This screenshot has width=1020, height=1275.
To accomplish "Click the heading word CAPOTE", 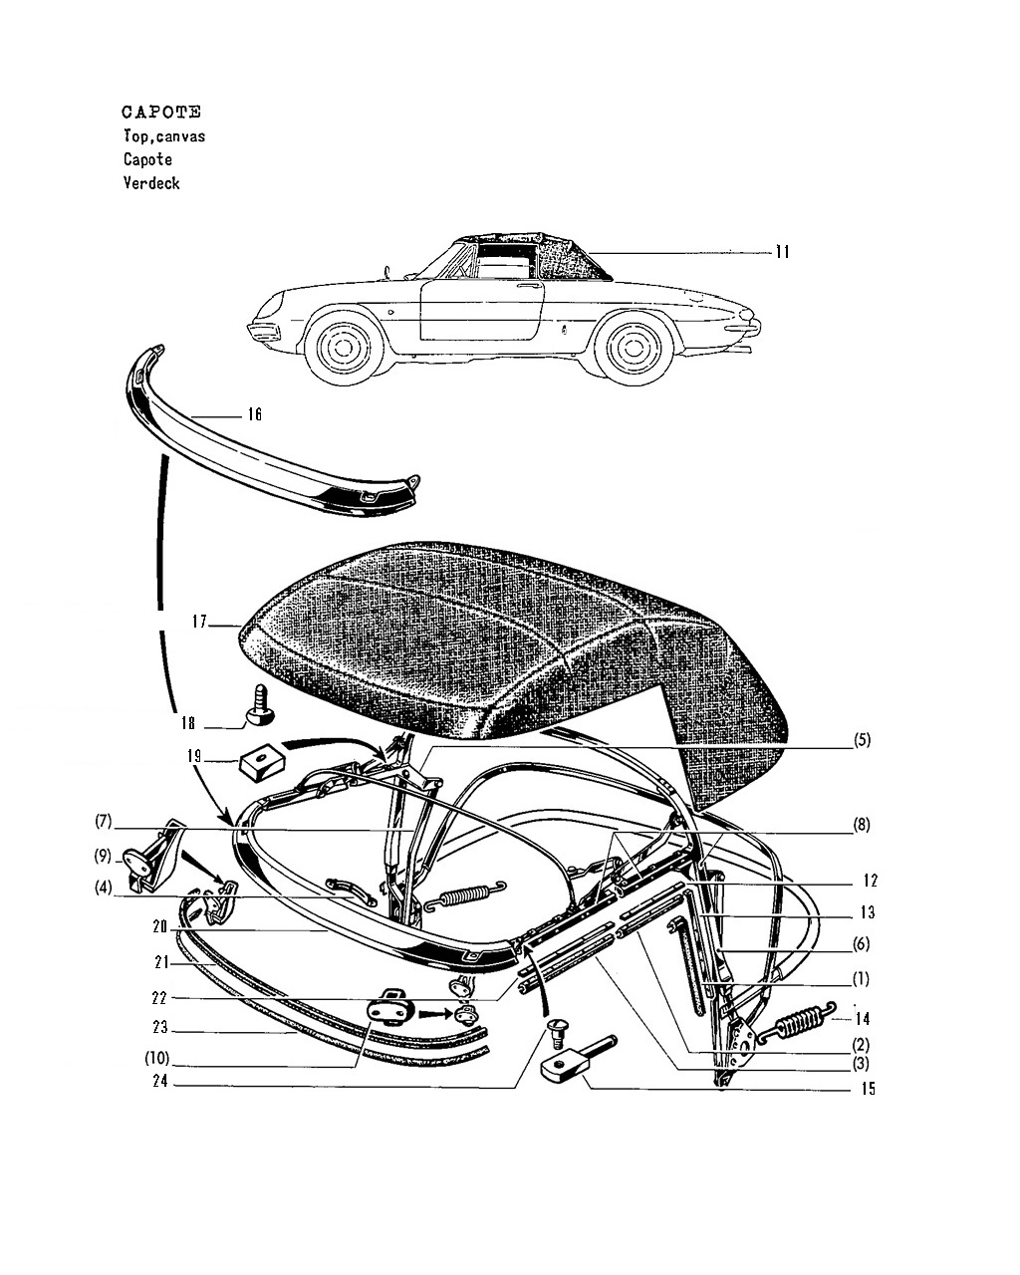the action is click(x=161, y=112).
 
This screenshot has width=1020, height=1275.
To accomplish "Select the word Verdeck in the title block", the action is click(x=151, y=183).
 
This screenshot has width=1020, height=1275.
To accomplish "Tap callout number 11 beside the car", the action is click(x=782, y=252).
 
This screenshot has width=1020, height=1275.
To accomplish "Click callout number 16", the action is click(x=254, y=414).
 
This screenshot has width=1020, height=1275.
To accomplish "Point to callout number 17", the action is click(x=199, y=622).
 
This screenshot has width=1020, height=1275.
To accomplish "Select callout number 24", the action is click(x=160, y=1082).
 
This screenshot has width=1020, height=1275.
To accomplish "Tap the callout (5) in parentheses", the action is click(x=862, y=740).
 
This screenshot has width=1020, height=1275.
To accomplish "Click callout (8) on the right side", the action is click(x=862, y=825).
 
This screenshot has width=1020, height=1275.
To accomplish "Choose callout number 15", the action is click(x=869, y=1089).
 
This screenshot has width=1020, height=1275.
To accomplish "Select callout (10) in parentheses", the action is click(x=155, y=1058).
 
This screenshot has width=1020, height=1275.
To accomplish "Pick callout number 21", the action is click(x=161, y=963).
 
